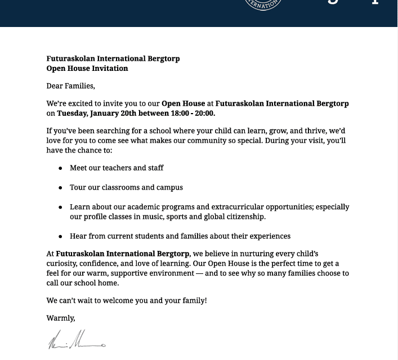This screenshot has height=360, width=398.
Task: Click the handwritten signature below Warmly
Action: click(76, 341)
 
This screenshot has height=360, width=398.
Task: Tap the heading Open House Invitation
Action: click(87, 69)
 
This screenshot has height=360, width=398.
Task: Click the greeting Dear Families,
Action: click(71, 86)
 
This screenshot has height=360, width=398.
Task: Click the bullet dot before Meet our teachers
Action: click(61, 168)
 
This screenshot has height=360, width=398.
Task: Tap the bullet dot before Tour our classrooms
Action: click(61, 187)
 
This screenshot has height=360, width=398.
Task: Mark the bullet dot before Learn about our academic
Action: click(61, 208)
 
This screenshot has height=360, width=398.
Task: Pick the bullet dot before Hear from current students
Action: click(61, 236)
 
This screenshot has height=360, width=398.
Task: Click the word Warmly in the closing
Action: click(60, 318)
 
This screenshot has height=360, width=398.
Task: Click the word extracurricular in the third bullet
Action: click(245, 207)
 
